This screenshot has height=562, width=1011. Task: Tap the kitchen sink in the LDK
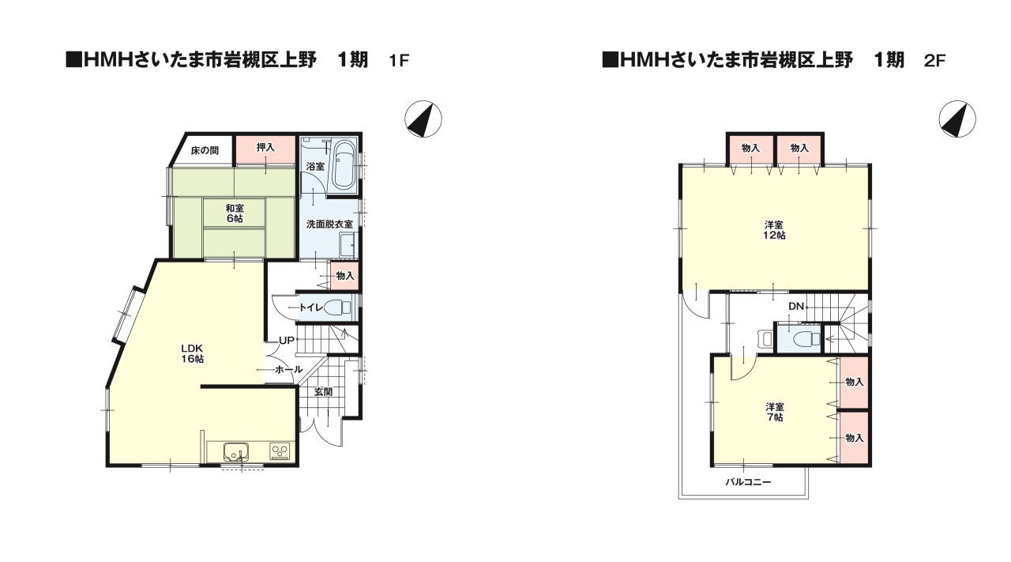tap(235, 452)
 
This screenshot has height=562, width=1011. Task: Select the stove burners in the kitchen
tap(280, 451)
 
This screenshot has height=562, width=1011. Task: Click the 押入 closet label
tap(265, 148)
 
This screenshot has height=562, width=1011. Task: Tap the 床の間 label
tap(204, 150)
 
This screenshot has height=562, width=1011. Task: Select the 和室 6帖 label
tap(234, 213)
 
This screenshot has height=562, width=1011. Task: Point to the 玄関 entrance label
tap(323, 391)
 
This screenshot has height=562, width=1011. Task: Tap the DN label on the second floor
tap(795, 306)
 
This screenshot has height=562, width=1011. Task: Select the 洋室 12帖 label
tap(774, 229)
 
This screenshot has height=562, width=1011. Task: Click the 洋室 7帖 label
tap(774, 412)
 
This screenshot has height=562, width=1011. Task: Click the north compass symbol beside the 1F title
tap(423, 119)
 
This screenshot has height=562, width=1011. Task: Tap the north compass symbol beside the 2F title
tap(957, 119)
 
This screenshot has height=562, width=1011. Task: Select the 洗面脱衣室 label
tap(329, 224)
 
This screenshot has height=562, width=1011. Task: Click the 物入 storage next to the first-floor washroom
tap(345, 276)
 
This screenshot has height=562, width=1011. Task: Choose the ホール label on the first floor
tap(288, 369)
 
